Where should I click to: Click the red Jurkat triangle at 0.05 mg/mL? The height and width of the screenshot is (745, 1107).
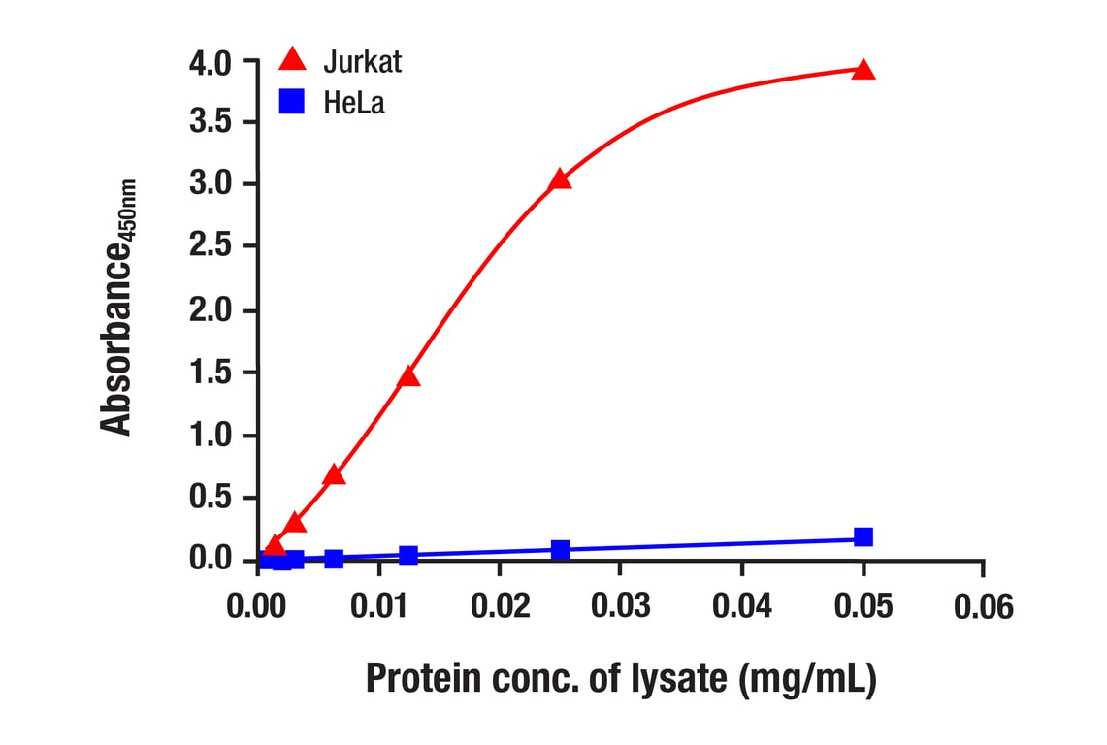coord(863,70)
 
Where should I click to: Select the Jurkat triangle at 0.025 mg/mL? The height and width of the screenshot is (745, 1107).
coord(560,179)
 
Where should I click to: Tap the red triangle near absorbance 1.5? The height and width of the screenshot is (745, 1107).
coord(408,376)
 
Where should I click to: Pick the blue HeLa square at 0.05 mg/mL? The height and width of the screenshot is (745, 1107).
coord(863,536)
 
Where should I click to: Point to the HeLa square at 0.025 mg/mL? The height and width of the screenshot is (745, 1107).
coord(560,549)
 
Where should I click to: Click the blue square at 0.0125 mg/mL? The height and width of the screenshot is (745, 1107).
coord(408,555)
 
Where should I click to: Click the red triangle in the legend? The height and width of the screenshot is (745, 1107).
coord(291,60)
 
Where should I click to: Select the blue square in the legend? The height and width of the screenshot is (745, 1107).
coord(291,101)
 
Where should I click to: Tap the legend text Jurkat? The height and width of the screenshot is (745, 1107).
coord(362,62)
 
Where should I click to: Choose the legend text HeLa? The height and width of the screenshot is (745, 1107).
coord(354,103)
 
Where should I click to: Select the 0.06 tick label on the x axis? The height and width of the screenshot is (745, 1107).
coord(982,607)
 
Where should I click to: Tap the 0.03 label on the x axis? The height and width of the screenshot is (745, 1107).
coord(619,607)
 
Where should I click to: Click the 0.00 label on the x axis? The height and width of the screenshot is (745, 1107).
coord(256,607)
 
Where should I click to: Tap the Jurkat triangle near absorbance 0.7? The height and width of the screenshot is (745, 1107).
coord(334,474)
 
